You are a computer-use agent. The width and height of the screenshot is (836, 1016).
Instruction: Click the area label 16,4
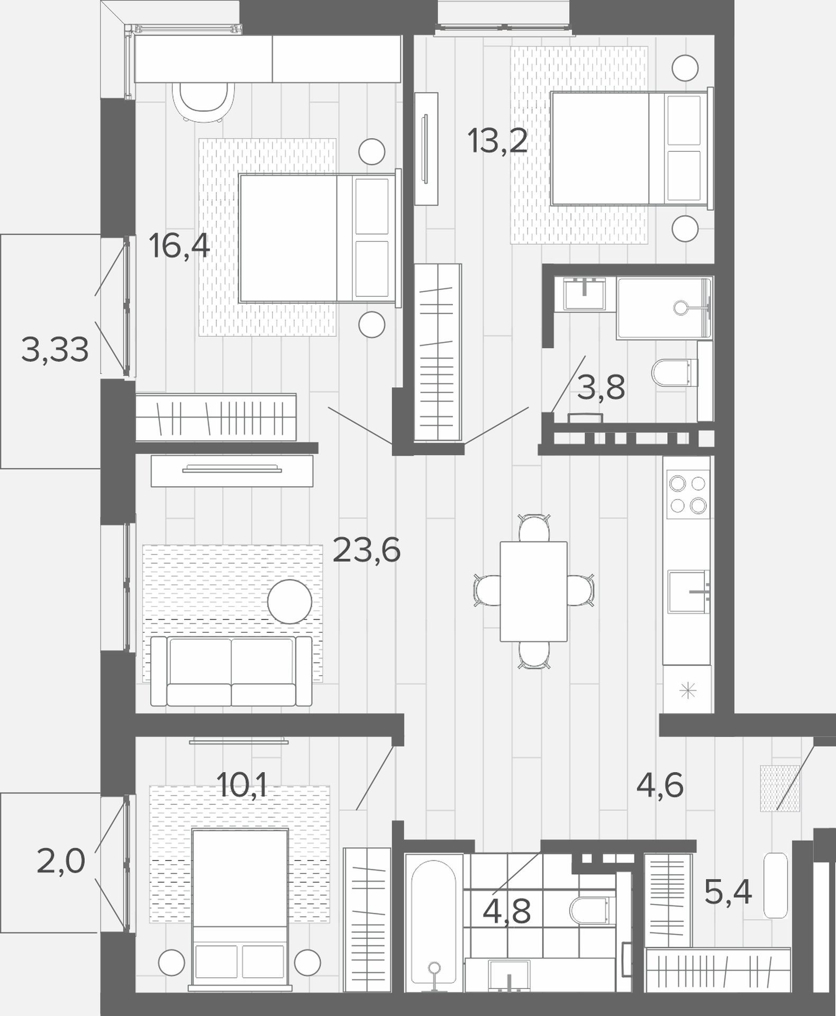click(179, 247)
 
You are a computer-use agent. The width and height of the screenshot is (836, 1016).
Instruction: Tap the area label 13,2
click(497, 141)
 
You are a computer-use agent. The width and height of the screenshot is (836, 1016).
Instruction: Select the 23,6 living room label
click(367, 550)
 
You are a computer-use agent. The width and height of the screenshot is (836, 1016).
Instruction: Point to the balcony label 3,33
click(55, 350)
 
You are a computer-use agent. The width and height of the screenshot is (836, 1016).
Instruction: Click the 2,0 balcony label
click(61, 861)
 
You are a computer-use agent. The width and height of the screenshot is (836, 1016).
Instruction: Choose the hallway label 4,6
click(660, 785)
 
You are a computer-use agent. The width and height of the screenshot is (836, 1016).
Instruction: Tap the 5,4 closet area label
click(728, 893)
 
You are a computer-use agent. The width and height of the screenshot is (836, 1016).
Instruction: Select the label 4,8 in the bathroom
click(507, 911)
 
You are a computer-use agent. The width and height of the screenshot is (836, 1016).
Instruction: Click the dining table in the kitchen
click(533, 592)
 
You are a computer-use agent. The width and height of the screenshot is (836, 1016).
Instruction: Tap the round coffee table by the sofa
click(289, 602)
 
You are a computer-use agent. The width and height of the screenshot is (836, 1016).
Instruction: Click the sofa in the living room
click(231, 671)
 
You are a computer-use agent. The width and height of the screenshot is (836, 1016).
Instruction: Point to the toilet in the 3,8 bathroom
click(675, 373)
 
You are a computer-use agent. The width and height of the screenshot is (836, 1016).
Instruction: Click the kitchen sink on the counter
click(688, 592)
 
